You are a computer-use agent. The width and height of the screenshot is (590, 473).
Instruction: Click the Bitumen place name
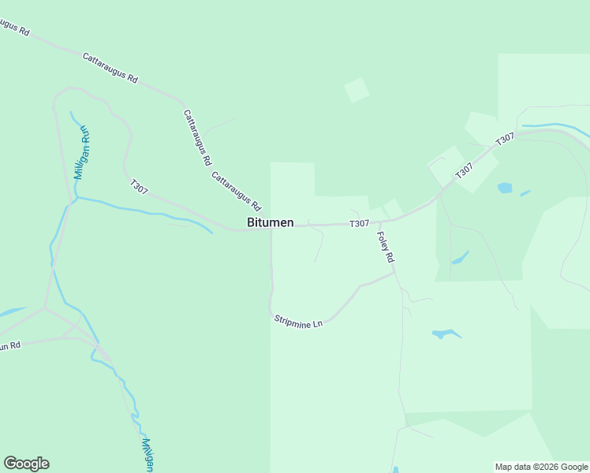[271, 223]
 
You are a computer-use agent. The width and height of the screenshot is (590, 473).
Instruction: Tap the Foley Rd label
[386, 246]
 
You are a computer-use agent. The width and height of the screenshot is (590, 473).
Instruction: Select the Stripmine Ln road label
[299, 322]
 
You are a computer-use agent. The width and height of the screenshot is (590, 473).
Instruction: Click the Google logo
[26, 464]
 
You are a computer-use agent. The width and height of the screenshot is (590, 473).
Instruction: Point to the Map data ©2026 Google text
[541, 467]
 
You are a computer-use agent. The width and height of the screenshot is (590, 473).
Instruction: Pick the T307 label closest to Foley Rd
[359, 224]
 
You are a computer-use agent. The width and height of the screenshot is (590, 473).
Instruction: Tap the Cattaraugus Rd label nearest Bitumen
[236, 192]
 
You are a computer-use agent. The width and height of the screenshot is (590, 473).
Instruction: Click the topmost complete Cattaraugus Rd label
[110, 68]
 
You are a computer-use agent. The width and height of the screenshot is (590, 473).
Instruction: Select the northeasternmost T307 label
[505, 139]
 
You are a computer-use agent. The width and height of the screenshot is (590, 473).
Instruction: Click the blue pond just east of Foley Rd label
[460, 258]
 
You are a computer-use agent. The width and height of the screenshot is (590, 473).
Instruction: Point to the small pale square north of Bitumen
[357, 90]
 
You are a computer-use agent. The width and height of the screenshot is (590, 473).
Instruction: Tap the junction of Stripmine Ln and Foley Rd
[394, 274]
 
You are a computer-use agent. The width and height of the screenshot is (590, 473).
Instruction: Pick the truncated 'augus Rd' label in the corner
[14, 28]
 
